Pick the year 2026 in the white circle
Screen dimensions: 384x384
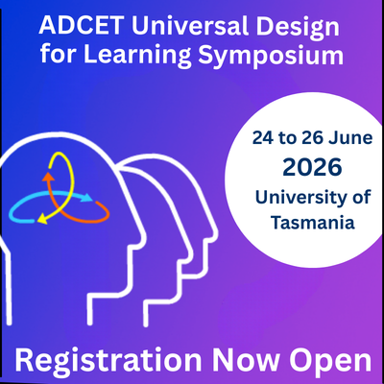pyautogui.click(x=311, y=168)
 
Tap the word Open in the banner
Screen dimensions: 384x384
pyautogui.click(x=332, y=360)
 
